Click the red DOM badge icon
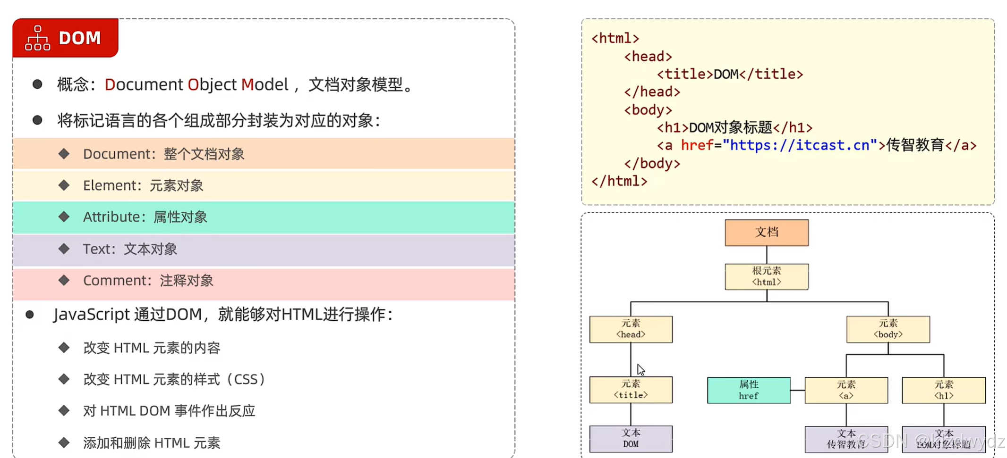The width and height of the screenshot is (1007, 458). pos(37,38)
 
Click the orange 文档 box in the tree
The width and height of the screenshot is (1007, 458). pos(766,232)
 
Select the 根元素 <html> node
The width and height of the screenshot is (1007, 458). pos(766,276)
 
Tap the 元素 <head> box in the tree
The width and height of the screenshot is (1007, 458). pos(631,329)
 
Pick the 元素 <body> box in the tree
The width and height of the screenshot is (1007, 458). pos(888,329)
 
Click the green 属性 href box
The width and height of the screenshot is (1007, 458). pos(748,390)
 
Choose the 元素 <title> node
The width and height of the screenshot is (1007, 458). pos(631,390)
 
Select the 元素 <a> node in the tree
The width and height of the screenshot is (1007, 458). pos(846,390)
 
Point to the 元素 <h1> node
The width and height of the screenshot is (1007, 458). pos(943,390)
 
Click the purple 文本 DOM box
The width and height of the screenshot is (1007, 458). pos(631,439)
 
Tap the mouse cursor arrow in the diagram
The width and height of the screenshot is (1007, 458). pos(640,369)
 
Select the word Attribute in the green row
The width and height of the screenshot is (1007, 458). pos(111,217)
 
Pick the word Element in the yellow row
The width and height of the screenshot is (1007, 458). pos(110,185)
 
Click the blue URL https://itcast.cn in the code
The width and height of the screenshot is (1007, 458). pos(799,145)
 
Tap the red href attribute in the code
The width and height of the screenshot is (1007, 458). pos(697,145)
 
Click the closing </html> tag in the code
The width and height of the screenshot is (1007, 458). pos(619,181)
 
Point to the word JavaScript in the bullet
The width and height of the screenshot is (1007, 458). pos(91,314)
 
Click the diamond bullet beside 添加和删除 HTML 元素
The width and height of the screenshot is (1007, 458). pos(64,442)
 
